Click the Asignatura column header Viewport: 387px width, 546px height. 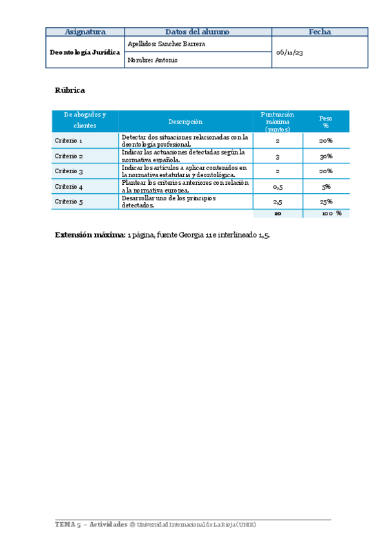tap(84, 32)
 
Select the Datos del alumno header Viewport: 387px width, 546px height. tap(197, 32)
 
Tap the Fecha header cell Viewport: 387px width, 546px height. tap(319, 32)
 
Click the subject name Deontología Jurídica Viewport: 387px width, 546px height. tap(84, 52)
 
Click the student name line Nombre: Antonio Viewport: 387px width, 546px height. tap(153, 60)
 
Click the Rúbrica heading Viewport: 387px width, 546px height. tap(70, 90)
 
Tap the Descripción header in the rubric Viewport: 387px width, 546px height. tap(185, 121)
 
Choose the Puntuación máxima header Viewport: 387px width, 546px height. tap(277, 121)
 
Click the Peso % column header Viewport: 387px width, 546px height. tap(326, 121)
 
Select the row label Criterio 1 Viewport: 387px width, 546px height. tap(68, 140)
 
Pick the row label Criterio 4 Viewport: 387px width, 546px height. tap(68, 187)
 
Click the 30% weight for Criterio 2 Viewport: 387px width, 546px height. tap(326, 156)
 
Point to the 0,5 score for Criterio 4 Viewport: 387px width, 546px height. tap(277, 187)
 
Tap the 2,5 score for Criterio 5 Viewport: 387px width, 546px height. tap(277, 202)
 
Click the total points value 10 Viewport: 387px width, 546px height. tap(277, 213)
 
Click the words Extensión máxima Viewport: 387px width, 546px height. tap(90, 236)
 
